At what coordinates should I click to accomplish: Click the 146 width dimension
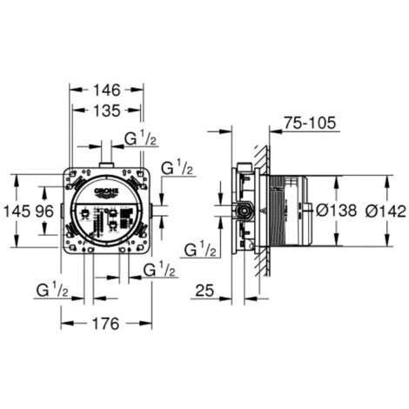coord(107,90)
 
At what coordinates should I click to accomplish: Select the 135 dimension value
coord(107,111)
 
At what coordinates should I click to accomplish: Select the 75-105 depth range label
coord(309,124)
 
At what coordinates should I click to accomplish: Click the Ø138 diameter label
coord(332,211)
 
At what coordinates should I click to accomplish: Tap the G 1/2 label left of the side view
coord(201,251)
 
